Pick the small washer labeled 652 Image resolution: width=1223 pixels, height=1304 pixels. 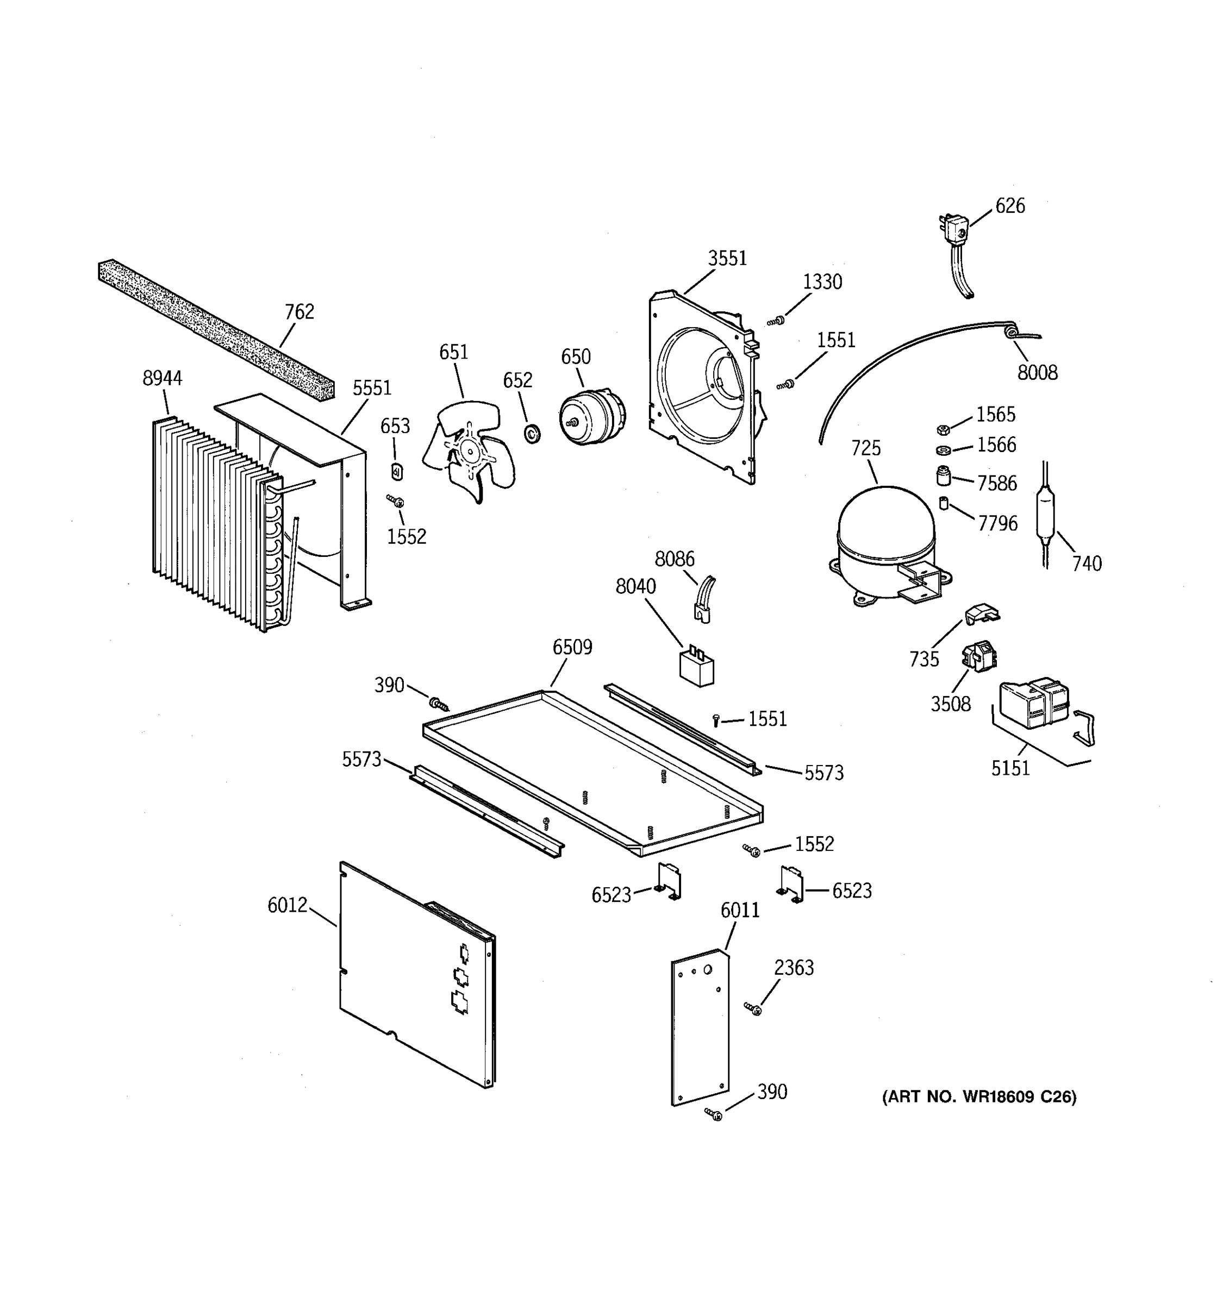[x=532, y=433]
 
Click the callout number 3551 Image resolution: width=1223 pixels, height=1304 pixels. [x=727, y=259]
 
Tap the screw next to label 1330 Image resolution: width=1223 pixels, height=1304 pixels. [x=776, y=321]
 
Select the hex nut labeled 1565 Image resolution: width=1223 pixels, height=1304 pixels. [x=943, y=429]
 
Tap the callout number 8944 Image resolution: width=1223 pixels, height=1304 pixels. [x=163, y=379]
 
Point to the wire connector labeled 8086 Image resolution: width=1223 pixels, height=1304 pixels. [x=704, y=598]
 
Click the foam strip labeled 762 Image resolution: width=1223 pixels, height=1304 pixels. [x=216, y=328]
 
